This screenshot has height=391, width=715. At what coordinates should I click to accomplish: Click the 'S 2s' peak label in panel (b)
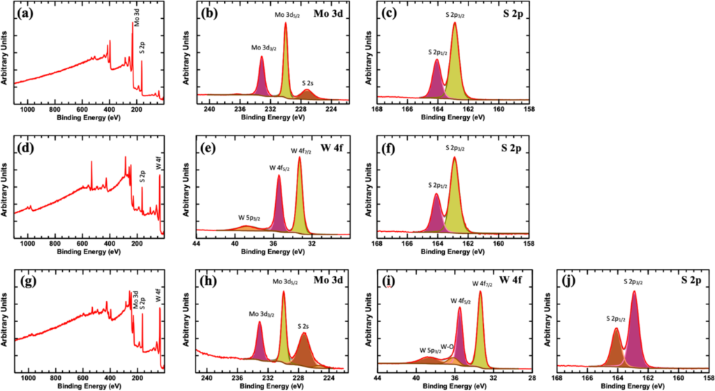[x=308, y=82]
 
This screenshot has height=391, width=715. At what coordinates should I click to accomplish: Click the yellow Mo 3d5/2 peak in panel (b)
[x=286, y=70]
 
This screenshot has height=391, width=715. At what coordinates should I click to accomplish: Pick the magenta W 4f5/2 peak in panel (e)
[x=279, y=206]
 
